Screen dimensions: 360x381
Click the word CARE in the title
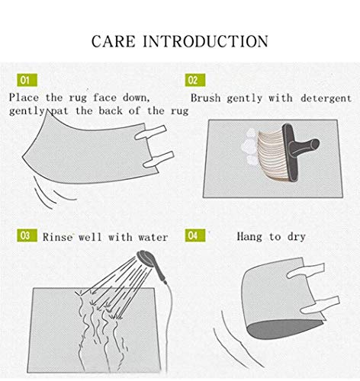click(x=114, y=41)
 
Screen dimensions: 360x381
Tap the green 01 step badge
click(x=27, y=80)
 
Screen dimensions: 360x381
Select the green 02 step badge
click(x=195, y=80)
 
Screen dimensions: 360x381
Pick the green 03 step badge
click(x=27, y=235)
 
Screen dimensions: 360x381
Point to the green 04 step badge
click(x=195, y=235)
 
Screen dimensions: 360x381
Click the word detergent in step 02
click(x=326, y=98)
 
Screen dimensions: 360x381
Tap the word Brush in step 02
click(x=205, y=98)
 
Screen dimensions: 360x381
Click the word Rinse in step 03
click(x=57, y=237)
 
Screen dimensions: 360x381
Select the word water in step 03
click(x=153, y=238)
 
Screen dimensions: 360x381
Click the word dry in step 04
click(x=297, y=237)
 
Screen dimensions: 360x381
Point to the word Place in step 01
click(x=24, y=98)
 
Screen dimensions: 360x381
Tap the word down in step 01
click(x=137, y=98)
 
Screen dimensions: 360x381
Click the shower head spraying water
click(x=146, y=258)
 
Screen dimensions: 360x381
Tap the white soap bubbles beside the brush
click(x=249, y=147)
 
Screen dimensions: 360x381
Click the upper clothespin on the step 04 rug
click(x=306, y=271)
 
